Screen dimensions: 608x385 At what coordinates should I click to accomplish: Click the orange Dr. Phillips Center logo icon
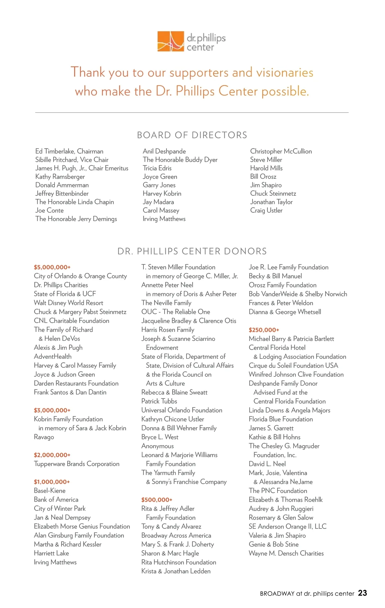(170, 41)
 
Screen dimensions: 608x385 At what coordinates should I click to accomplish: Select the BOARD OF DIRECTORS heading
(192, 135)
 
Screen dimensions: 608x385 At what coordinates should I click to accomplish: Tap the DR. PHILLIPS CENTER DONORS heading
(192, 251)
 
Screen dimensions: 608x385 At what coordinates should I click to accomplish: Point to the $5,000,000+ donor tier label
(52, 267)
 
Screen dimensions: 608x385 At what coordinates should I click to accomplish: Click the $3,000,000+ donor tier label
(52, 410)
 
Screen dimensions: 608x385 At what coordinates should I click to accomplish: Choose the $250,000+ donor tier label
(264, 330)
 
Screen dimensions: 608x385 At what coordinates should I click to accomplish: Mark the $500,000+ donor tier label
(157, 500)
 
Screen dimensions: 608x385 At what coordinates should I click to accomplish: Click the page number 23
(362, 593)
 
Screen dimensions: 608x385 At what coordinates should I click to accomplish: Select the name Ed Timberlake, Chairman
(69, 151)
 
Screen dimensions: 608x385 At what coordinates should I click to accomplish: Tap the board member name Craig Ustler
(266, 210)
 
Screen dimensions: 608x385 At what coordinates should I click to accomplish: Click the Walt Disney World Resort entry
(68, 303)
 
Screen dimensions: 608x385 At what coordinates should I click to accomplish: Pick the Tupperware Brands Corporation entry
(76, 464)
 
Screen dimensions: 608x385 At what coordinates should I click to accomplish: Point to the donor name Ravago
(44, 437)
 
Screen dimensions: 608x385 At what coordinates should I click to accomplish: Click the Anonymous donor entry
(158, 446)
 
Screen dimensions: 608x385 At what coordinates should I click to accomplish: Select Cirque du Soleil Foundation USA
(293, 366)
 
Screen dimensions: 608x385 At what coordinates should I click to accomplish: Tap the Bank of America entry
(56, 499)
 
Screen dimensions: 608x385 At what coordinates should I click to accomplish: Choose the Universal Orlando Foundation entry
(182, 410)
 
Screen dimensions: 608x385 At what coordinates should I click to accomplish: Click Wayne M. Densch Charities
(286, 553)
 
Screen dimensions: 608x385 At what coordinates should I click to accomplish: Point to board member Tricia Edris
(157, 168)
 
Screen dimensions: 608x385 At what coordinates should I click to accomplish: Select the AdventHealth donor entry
(53, 357)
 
